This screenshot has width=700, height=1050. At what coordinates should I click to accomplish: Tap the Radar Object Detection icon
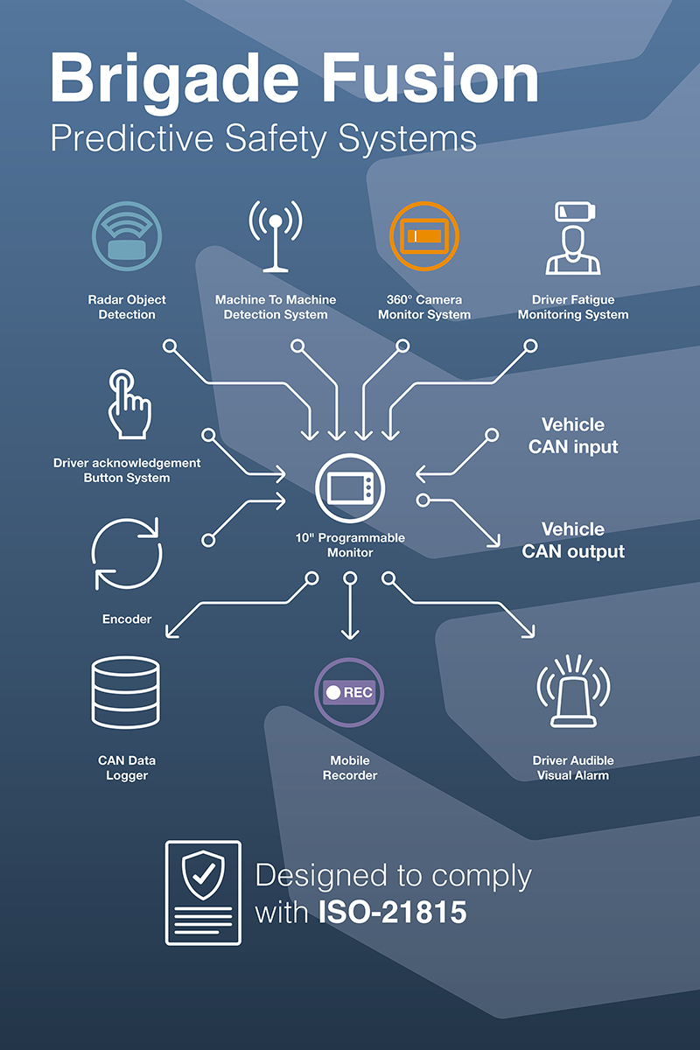tap(127, 236)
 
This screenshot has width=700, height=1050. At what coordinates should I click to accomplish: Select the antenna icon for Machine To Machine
tap(276, 236)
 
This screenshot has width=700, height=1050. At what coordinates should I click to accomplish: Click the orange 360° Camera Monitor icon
tap(424, 236)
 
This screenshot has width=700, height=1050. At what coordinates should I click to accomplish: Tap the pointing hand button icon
tap(128, 404)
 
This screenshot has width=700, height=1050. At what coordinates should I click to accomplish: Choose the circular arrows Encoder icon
tap(127, 553)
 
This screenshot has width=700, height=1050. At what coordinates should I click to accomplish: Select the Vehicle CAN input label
tap(573, 436)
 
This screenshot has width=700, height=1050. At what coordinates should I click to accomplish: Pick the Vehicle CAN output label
tap(573, 541)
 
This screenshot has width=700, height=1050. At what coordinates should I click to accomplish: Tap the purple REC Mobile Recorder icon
tap(350, 692)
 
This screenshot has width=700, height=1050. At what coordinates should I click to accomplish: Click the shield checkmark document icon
tap(203, 892)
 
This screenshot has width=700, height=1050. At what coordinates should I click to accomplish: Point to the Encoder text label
tap(127, 619)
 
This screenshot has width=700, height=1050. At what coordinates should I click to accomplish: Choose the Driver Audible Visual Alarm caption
tap(573, 768)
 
